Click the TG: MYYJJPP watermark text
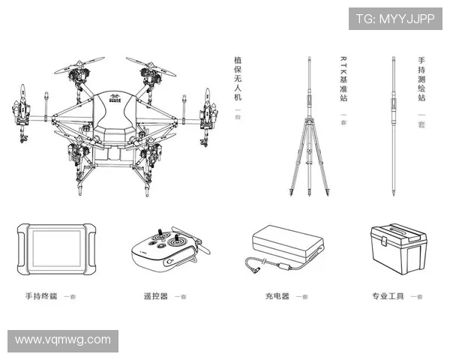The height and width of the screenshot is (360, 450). click(x=394, y=19)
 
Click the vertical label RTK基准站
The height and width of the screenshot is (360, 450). click(x=343, y=79)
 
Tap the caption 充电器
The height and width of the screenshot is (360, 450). click(x=276, y=296)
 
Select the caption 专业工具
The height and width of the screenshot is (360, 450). click(x=388, y=296)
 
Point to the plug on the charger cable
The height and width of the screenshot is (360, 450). click(x=253, y=262)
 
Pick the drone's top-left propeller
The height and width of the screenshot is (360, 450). click(x=78, y=66)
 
